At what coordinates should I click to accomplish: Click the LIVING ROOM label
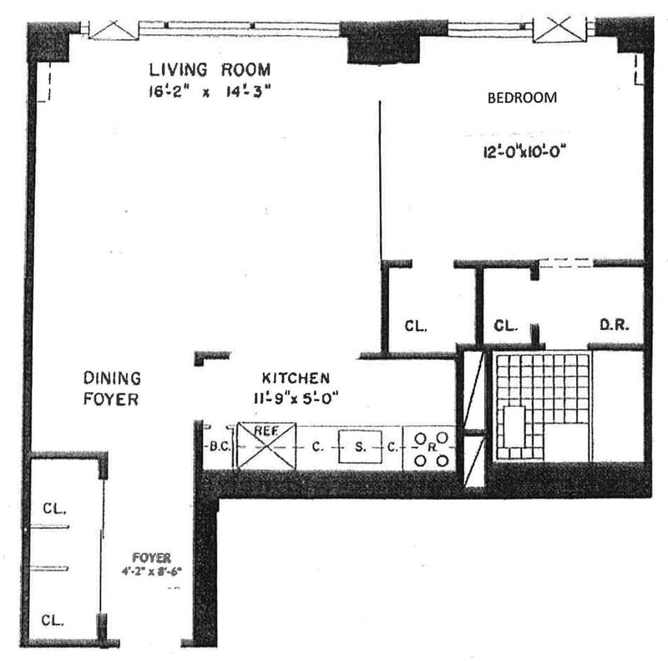210,69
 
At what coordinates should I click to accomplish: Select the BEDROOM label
522,98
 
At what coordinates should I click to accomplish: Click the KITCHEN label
295,377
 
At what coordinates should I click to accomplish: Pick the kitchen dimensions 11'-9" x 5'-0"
296,399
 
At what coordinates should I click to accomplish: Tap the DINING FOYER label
110,389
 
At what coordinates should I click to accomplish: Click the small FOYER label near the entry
151,557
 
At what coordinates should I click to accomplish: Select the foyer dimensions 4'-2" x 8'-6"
151,573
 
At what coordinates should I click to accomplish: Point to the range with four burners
430,448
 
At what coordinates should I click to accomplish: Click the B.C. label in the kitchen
220,445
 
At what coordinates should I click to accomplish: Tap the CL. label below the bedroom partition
415,326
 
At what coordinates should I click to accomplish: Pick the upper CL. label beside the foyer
55,507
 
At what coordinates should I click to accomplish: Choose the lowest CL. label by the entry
55,621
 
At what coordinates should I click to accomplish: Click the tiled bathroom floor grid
541,405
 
